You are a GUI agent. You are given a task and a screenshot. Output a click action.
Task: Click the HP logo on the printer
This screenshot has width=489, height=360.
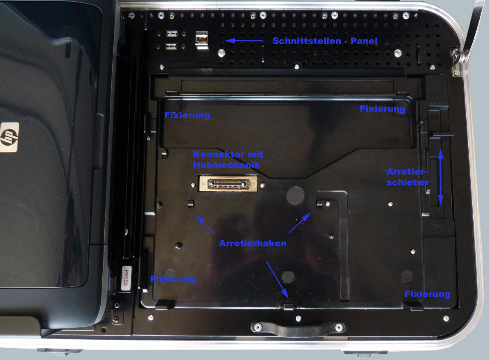click(x=9, y=137)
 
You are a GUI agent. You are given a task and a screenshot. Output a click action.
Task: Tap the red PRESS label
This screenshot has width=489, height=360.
click(x=126, y=278)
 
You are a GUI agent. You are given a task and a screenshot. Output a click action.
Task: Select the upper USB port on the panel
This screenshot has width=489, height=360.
click(x=171, y=34)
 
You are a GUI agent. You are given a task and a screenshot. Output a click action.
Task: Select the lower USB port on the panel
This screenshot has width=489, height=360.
click(x=171, y=47)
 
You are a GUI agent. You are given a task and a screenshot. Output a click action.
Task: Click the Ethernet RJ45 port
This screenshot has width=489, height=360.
click(x=202, y=40)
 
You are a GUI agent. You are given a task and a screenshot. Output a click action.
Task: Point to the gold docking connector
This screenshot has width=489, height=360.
click(x=228, y=183)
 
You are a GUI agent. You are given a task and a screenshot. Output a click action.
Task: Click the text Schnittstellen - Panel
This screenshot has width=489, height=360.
click(x=325, y=41)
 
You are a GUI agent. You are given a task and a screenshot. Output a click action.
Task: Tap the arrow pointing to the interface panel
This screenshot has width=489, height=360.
click(x=244, y=41)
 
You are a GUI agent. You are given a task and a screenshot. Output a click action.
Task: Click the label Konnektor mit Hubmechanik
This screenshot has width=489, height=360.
click(x=228, y=160)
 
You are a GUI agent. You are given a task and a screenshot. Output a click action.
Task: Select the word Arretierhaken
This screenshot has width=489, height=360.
click(x=253, y=243)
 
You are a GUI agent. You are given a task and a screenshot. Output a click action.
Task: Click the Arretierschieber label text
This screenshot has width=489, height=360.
click(x=407, y=177)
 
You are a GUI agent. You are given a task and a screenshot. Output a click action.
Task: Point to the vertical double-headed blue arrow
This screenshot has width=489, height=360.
click(x=441, y=177)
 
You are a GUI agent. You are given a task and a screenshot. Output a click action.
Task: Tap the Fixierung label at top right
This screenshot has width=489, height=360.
click(x=383, y=108)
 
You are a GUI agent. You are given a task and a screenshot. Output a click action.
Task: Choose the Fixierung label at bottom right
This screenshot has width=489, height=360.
click(x=427, y=294)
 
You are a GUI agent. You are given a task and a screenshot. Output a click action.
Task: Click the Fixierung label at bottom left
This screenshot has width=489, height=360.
click(x=173, y=279)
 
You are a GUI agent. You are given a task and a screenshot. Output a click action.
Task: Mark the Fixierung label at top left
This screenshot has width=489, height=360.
click(x=187, y=115)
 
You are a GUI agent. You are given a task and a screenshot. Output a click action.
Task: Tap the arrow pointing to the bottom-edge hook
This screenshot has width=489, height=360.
click(x=277, y=280)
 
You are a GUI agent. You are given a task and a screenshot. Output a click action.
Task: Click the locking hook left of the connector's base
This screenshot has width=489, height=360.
click(x=191, y=204)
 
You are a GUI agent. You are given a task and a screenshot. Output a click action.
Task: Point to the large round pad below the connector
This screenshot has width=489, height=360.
click(x=295, y=196)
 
